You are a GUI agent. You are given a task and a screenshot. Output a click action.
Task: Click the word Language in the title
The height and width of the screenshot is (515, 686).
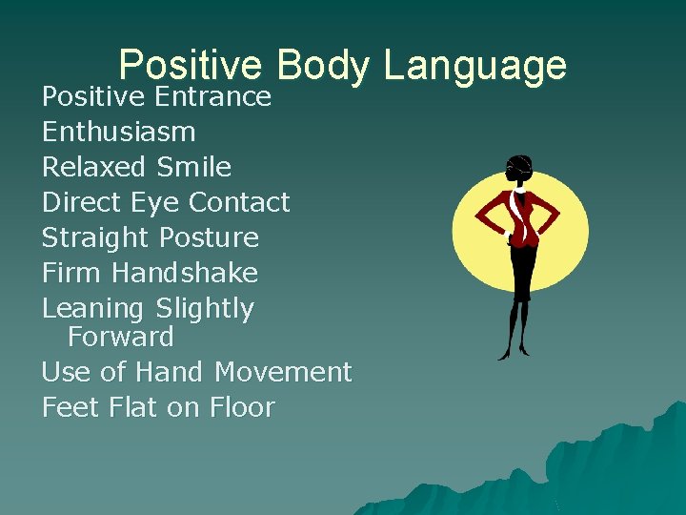coord(474,67)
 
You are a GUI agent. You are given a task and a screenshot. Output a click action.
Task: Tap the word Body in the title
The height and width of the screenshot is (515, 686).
coord(323,65)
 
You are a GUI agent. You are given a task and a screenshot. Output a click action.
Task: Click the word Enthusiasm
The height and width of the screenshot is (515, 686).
coord(119,132)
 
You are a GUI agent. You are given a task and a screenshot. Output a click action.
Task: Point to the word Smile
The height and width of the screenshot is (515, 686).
coord(194,167)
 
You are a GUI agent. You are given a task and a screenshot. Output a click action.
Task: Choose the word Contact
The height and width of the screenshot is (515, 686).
coord(239,202)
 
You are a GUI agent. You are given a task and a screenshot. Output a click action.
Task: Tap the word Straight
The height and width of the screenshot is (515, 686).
coord(96,238)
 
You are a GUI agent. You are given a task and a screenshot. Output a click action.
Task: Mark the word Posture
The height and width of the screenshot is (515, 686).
coord(209,237)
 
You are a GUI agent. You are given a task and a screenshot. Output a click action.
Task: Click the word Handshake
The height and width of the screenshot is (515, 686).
coord(185,273)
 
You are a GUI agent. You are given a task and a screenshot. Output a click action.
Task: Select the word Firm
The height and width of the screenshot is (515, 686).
coord(72,273)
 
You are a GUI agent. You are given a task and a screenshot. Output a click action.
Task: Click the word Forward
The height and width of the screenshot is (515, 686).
coord(121,337)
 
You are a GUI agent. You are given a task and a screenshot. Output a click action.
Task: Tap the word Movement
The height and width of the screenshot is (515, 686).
coord(284,372)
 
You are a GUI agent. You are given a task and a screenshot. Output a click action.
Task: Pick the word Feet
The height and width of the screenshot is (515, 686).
coord(71,408)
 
